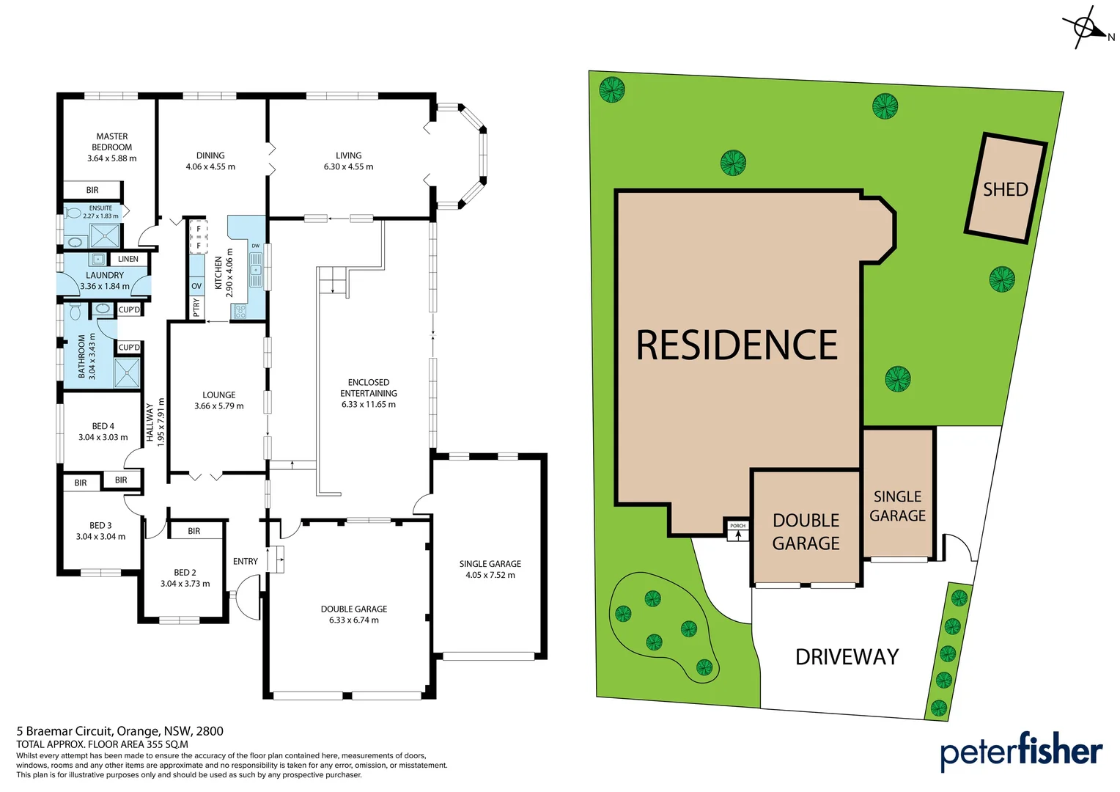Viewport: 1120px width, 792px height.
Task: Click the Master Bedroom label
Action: coord(112,142)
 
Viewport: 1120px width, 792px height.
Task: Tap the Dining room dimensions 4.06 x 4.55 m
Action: coord(210,167)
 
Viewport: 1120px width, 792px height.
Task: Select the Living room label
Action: coord(349,155)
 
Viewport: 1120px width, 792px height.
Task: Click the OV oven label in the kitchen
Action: coord(196,286)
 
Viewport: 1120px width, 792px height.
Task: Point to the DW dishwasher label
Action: coord(256,246)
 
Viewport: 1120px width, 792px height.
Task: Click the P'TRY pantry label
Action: coord(196,308)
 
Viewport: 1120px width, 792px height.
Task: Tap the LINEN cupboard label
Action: coord(128,259)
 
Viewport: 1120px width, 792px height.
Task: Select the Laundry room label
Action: coord(105,276)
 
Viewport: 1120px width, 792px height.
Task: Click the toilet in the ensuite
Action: coord(73,213)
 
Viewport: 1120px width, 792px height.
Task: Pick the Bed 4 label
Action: coord(103,426)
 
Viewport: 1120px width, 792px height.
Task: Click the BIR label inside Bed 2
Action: coord(194,531)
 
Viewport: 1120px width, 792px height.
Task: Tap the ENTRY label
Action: coord(246,561)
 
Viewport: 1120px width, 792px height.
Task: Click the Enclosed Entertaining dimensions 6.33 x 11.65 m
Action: coord(369,405)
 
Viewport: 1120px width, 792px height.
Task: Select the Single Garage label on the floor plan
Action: coord(490,564)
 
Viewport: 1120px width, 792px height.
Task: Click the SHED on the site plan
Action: coord(1005,189)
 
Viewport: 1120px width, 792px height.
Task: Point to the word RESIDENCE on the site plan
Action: coord(737,345)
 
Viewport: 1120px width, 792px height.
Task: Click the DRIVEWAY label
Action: coord(847,657)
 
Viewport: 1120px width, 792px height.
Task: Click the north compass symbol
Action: coord(1086,28)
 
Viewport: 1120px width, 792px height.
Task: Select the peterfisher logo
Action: coord(1021,751)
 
